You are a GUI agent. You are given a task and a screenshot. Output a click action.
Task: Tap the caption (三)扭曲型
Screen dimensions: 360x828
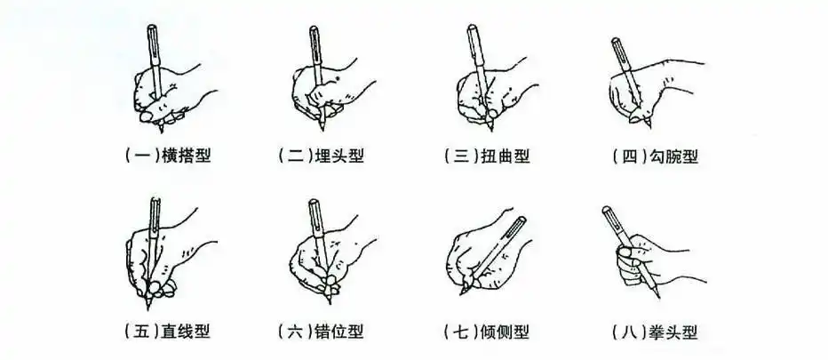pos(486,156)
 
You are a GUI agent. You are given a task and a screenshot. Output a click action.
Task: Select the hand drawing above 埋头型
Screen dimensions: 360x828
pos(324,89)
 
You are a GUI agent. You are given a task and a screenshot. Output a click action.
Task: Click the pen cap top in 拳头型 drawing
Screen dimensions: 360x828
pos(607,211)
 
